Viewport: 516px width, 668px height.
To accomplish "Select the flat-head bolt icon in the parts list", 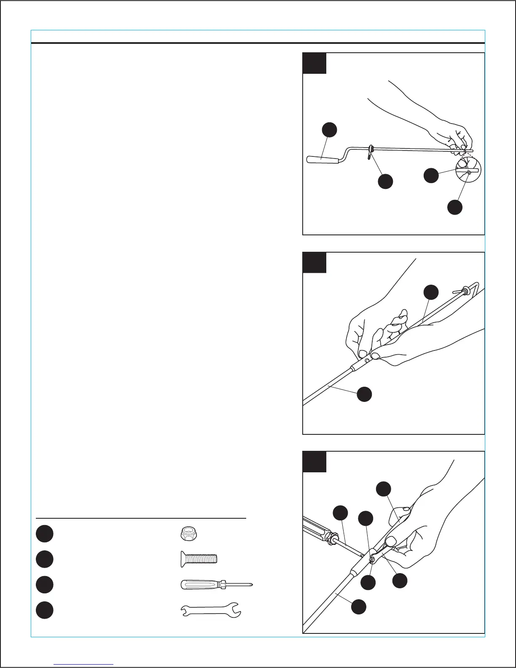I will pyautogui.click(x=196, y=559).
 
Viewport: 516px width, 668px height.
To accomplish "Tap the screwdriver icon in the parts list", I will pyautogui.click(x=216, y=584).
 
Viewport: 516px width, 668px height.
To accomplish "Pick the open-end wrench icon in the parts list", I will pyautogui.click(x=211, y=610).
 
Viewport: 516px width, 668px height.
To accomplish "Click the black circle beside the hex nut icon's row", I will pyautogui.click(x=44, y=533).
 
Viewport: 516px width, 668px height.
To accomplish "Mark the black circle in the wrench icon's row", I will pyautogui.click(x=44, y=610).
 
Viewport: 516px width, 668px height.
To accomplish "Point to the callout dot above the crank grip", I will pyautogui.click(x=329, y=129).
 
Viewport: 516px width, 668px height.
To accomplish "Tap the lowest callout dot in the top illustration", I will pyautogui.click(x=454, y=207).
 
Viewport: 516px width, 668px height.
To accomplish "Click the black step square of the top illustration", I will pyautogui.click(x=314, y=63).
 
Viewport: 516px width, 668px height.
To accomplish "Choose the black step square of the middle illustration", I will pyautogui.click(x=314, y=263).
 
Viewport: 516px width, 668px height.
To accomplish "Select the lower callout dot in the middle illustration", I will pyautogui.click(x=364, y=394).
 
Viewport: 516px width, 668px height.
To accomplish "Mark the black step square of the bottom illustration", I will pyautogui.click(x=314, y=462).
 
